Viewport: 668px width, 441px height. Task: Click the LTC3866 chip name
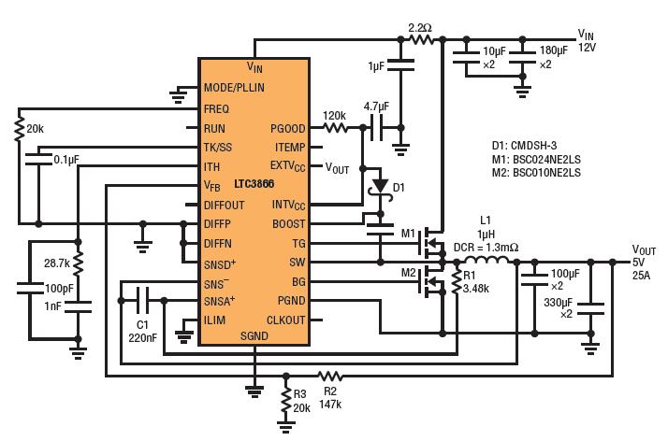(x=254, y=184)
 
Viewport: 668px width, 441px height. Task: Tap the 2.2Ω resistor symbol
(x=421, y=39)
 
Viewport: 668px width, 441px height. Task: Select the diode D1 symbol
(x=380, y=187)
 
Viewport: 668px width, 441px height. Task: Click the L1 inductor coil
(x=486, y=261)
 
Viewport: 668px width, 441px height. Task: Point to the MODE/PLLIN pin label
(x=234, y=88)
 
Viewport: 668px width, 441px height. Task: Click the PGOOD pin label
(x=288, y=128)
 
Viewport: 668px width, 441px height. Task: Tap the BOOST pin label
(x=288, y=223)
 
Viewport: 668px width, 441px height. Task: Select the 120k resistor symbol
(x=335, y=127)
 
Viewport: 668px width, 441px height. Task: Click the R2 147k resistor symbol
(x=330, y=376)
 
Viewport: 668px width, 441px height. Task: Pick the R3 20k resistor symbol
(x=286, y=399)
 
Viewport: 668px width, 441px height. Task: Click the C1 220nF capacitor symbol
(x=143, y=300)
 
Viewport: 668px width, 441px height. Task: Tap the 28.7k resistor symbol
(x=78, y=263)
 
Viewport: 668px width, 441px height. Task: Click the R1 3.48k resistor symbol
(x=457, y=281)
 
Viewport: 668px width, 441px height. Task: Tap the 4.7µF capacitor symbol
(x=377, y=127)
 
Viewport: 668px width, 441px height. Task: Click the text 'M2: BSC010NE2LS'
(x=536, y=173)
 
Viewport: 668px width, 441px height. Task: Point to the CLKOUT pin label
(x=286, y=320)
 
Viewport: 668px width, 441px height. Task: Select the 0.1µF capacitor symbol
(x=38, y=159)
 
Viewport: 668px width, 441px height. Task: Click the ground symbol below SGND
(x=254, y=391)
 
